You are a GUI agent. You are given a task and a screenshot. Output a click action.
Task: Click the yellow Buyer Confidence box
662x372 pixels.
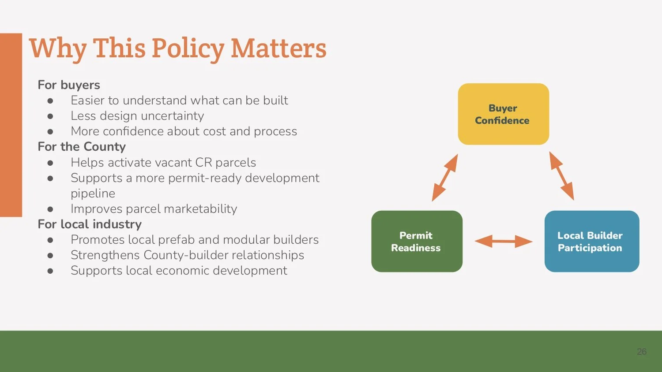click(x=503, y=114)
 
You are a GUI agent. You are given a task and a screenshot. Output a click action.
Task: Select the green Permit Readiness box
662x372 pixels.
click(x=417, y=241)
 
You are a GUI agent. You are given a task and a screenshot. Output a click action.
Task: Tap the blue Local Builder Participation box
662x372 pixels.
click(x=591, y=241)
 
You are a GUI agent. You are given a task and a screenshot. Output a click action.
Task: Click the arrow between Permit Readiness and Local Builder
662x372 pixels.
click(x=504, y=241)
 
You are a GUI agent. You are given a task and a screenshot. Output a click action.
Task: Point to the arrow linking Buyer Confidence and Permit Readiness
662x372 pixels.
click(x=444, y=178)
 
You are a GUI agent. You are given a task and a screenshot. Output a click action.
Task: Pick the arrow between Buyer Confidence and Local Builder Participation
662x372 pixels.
click(x=561, y=176)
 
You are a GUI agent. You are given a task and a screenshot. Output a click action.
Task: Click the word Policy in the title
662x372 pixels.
click(x=188, y=48)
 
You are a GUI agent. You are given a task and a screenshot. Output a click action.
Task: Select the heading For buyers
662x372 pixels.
click(x=69, y=85)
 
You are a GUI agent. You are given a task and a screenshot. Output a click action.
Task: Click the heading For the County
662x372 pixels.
click(x=82, y=146)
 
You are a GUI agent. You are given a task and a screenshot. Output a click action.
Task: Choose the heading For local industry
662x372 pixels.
click(x=90, y=224)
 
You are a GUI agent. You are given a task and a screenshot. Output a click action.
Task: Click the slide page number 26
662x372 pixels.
click(x=641, y=351)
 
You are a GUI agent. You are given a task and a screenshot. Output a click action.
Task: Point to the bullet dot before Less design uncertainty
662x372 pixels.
click(x=50, y=116)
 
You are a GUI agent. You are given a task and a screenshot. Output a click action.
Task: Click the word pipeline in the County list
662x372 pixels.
click(x=93, y=193)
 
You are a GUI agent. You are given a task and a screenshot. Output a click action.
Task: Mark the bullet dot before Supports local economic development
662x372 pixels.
click(x=50, y=271)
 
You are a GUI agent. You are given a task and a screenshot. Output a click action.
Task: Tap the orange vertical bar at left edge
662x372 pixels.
click(x=11, y=125)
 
